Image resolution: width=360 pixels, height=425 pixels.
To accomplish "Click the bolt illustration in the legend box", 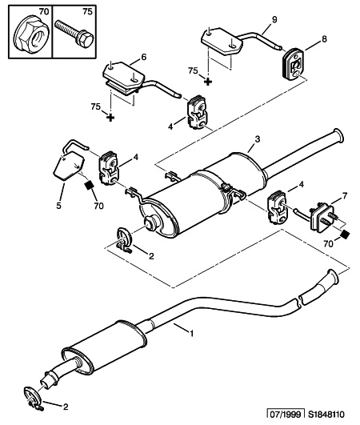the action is [74, 33].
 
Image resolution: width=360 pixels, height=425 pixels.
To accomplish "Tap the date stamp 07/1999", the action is [286, 415].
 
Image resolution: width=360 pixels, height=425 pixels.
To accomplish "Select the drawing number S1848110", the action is [326, 415].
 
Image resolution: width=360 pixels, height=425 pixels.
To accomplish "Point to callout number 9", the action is [274, 19].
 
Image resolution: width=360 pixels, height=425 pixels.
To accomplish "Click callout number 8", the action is [324, 39].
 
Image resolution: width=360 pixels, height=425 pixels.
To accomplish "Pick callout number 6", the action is [143, 57].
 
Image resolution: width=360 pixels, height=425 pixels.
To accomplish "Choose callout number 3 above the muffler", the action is [258, 139].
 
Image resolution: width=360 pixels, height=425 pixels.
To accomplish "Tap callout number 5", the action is [58, 206].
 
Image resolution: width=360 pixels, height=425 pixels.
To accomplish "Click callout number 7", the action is [344, 196].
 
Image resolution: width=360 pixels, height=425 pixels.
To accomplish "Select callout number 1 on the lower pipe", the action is [192, 333].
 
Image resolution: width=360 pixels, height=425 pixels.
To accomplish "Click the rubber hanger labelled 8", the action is [293, 65].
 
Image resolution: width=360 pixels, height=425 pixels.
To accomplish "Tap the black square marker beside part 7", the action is [344, 235].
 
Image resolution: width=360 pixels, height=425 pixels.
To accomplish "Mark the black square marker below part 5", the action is [89, 186].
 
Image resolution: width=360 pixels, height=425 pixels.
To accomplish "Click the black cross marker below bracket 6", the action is [110, 118].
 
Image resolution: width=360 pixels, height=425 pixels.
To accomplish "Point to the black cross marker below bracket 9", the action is [208, 82].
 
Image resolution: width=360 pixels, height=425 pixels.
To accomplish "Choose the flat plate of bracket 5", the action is [68, 166].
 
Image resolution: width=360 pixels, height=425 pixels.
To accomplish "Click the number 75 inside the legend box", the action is [87, 12].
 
